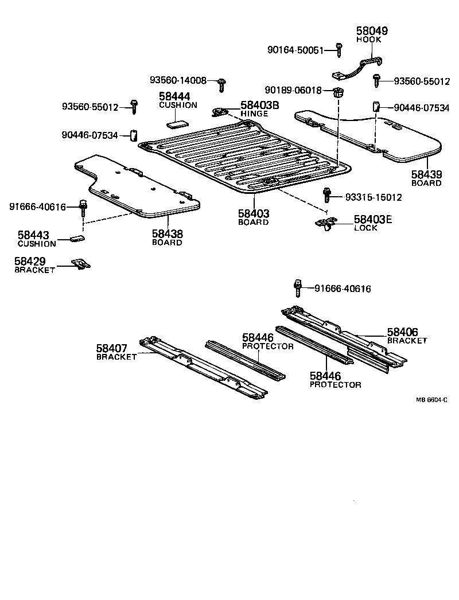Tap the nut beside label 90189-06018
338,91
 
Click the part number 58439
426,174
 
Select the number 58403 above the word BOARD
254,213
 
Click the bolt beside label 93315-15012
326,195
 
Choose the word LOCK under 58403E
366,228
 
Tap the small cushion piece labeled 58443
76,237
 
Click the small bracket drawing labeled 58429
81,264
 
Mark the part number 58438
167,233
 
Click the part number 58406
402,332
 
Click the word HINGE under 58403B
254,114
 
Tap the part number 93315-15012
374,197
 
